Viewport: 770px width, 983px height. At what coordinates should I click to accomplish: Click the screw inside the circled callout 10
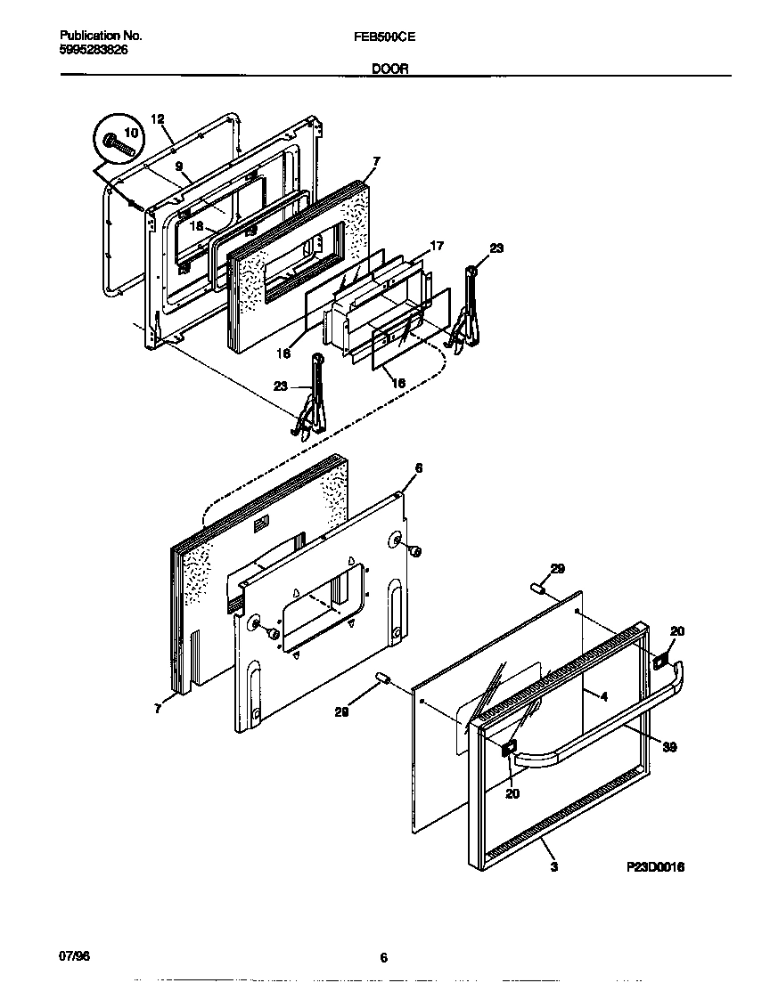119,143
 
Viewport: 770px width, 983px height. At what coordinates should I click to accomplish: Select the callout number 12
157,118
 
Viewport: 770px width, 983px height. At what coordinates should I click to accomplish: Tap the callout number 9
178,167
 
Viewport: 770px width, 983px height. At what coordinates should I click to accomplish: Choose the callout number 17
436,245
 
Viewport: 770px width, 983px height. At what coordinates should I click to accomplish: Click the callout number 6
418,467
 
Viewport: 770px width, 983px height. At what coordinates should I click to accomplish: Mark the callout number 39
669,747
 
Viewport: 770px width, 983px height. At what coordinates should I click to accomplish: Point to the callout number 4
603,697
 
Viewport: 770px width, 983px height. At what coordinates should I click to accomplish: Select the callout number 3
553,866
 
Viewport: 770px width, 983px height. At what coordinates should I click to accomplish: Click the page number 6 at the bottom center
383,958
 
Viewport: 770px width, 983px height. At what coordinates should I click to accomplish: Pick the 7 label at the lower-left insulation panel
157,709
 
